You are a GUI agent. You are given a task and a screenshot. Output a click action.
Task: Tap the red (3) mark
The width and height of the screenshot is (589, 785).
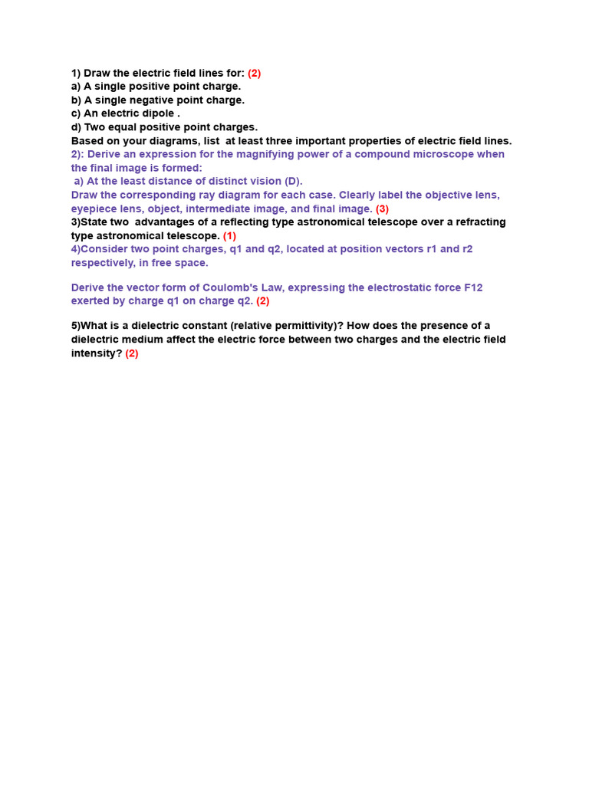point(382,209)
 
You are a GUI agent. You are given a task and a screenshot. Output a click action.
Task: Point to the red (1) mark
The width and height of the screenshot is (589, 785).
point(229,235)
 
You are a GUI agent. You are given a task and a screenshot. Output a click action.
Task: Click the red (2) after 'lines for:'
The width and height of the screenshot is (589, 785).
point(254,74)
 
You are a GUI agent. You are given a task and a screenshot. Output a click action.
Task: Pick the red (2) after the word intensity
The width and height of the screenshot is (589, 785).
point(132,353)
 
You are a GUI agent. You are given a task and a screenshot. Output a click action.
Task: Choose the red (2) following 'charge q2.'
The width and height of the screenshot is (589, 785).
point(262,301)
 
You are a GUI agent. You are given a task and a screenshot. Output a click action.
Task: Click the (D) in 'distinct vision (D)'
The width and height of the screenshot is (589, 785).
point(292,182)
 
